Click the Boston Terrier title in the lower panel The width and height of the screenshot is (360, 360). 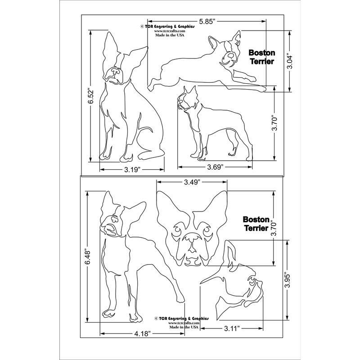tap(256, 224)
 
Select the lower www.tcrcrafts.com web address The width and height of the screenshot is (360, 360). tap(183, 323)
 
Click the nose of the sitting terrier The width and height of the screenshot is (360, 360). tap(114, 71)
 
